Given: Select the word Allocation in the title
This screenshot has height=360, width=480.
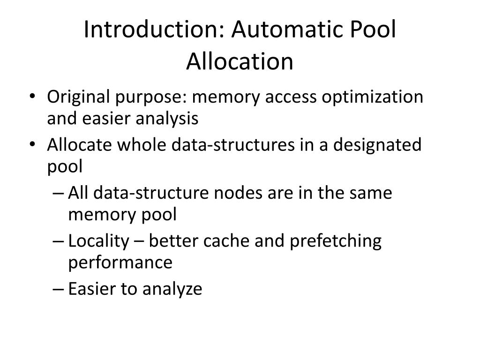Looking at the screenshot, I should pos(240,61).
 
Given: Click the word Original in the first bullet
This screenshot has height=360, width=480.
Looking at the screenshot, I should pos(75,97).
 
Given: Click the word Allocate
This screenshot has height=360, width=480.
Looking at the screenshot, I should pos(79,145).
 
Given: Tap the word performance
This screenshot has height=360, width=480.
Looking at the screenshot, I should pos(120,262).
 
